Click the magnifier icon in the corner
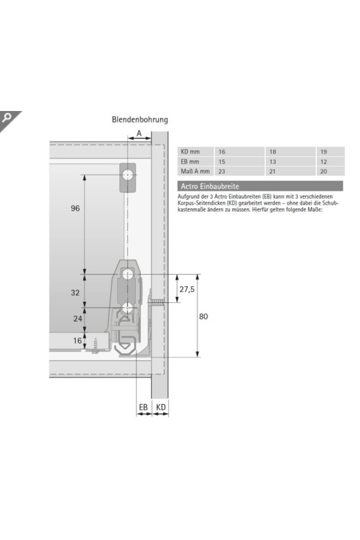(x=7, y=118)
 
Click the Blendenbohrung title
(x=140, y=119)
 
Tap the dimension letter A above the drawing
(x=139, y=133)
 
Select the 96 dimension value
(x=75, y=208)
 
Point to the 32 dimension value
(x=75, y=293)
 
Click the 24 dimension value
(x=77, y=319)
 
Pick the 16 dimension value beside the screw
(x=77, y=341)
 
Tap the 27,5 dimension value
(x=187, y=289)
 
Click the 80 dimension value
(x=203, y=316)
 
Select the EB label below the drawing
(x=143, y=407)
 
